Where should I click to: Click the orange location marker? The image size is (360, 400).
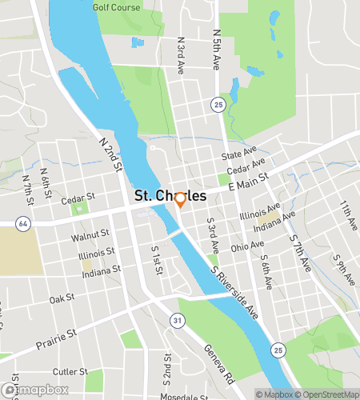click(181, 200)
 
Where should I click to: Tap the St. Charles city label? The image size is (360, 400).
click(170, 196)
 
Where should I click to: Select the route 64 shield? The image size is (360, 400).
click(23, 224)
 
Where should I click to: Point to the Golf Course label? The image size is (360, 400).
click(116, 7)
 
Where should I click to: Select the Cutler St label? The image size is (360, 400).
click(70, 371)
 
